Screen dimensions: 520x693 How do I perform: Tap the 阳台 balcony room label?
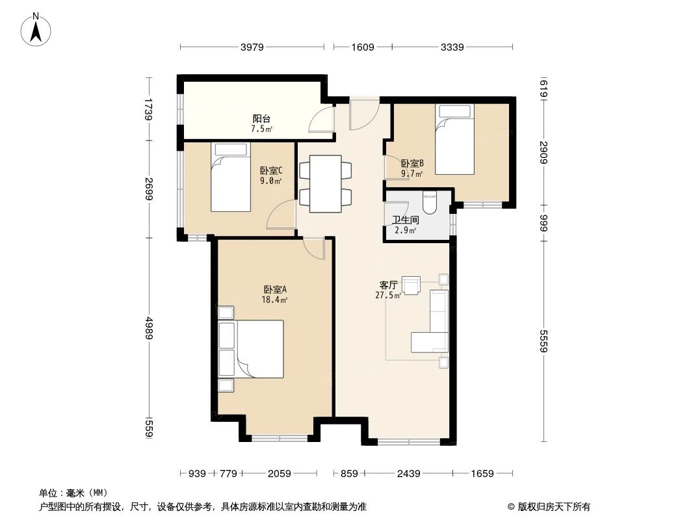click(x=261, y=119)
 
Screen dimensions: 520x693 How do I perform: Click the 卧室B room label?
click(x=412, y=164)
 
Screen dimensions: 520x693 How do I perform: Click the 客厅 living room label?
click(x=388, y=285)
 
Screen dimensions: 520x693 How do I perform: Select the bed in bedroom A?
click(x=259, y=349)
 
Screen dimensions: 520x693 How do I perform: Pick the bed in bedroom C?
click(x=230, y=178)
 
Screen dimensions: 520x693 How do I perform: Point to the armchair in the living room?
click(x=411, y=285)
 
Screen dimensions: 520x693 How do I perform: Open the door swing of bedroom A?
click(x=315, y=248)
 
